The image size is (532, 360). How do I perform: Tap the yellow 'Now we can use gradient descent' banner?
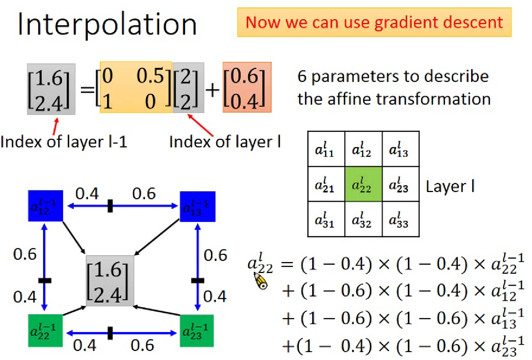[374, 22]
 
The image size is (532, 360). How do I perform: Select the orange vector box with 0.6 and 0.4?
[247, 87]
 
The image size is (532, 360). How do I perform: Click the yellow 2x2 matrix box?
[136, 87]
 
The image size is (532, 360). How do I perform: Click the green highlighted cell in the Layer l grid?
[363, 184]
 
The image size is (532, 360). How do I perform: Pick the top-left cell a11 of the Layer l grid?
[326, 149]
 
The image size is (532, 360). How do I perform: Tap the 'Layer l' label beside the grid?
[450, 186]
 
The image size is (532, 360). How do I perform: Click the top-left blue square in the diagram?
[45, 206]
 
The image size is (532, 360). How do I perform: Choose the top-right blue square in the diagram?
[197, 206]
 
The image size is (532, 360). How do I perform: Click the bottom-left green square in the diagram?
[45, 331]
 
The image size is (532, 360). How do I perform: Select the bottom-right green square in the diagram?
[196, 331]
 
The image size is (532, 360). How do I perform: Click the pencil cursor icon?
[260, 281]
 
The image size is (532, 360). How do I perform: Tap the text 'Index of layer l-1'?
[64, 141]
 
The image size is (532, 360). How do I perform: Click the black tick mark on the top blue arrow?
[110, 206]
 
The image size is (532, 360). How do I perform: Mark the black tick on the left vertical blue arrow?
[45, 281]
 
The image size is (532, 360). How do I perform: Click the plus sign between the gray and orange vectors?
[213, 90]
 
